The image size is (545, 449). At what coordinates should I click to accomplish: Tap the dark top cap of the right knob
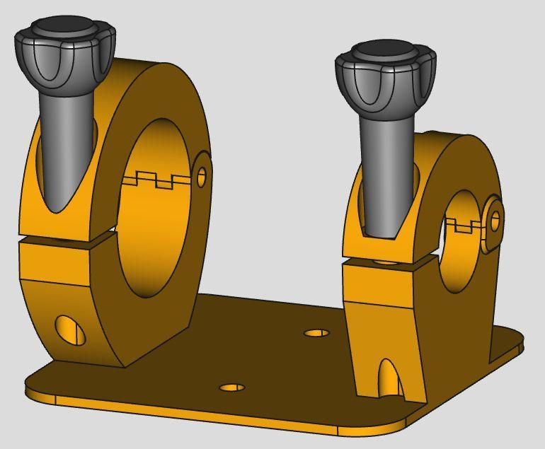point(384,52)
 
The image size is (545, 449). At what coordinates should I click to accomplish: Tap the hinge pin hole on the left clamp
point(202,176)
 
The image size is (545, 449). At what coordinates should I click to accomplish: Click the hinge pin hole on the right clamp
point(495,221)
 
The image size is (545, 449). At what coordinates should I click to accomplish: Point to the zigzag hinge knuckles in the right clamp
point(464,226)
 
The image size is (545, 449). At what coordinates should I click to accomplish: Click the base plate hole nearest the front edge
point(232,387)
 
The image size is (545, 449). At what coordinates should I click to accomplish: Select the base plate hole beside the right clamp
point(316,333)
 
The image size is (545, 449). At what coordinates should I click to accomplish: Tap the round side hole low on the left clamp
point(70,330)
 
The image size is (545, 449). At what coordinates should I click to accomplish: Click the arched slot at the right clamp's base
point(389,378)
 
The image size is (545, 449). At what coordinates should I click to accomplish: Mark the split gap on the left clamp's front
point(67,239)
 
